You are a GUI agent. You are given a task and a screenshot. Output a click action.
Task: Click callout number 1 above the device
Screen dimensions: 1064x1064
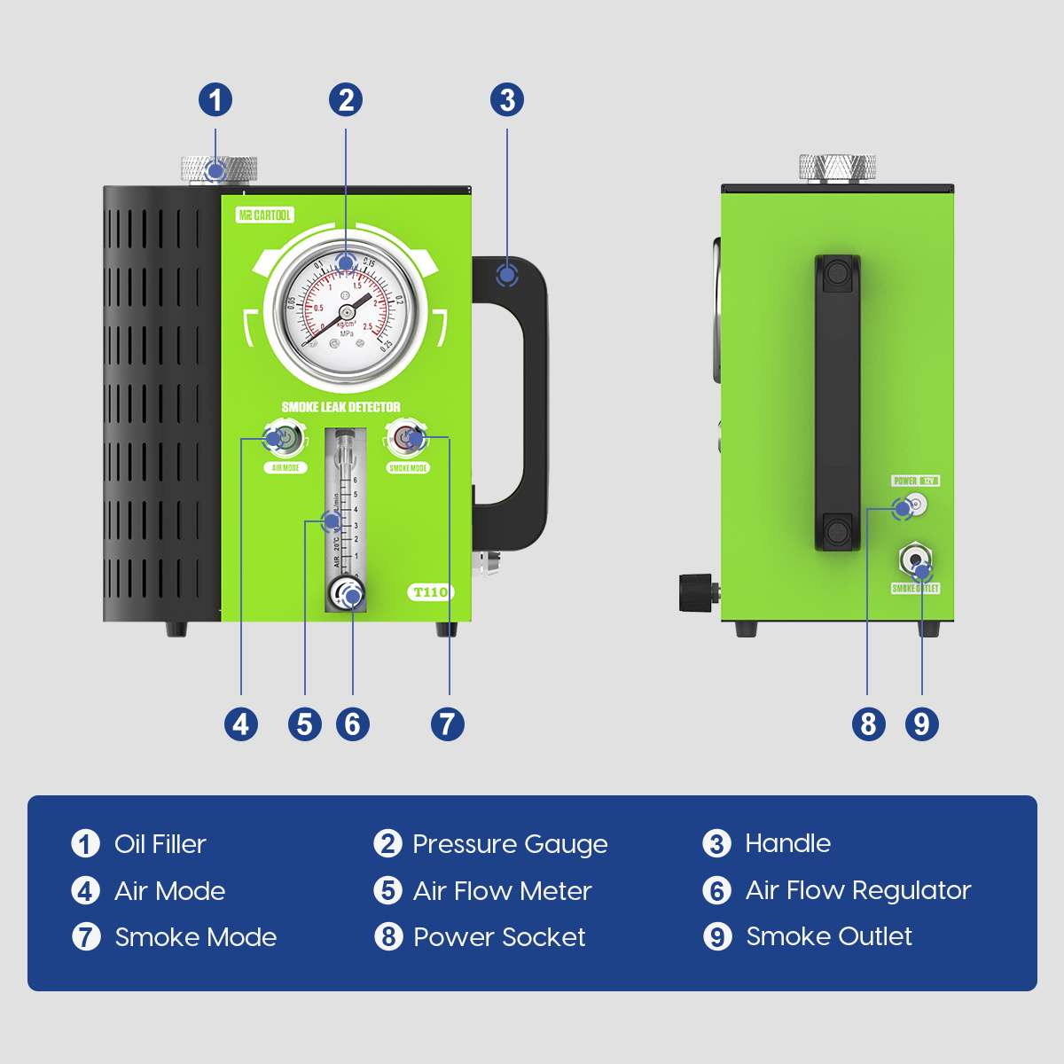(x=215, y=99)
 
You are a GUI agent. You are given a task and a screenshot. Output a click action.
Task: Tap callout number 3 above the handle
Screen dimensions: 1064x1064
(x=507, y=99)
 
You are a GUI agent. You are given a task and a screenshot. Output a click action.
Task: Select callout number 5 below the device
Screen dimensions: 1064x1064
(x=304, y=724)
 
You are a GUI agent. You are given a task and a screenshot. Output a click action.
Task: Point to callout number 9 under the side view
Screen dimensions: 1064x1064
(x=921, y=724)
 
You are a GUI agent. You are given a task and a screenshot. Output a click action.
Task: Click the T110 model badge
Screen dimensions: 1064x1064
(x=430, y=592)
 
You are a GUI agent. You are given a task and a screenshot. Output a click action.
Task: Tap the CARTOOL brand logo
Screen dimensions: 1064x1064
(x=264, y=215)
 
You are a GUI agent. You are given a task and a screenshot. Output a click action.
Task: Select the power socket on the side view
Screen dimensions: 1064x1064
(x=913, y=507)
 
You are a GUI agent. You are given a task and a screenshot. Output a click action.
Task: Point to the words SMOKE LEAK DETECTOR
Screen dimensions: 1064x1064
(x=340, y=407)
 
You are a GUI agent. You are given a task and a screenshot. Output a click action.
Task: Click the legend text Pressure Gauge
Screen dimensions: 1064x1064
(x=510, y=844)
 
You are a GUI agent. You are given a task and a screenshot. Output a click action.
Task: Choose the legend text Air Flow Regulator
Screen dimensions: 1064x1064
(x=858, y=890)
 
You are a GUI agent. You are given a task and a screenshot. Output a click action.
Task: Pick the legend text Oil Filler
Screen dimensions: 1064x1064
(x=160, y=844)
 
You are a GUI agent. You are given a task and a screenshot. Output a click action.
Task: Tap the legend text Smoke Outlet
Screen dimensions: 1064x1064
(x=829, y=936)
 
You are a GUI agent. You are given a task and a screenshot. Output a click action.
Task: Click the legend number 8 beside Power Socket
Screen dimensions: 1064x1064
(x=388, y=936)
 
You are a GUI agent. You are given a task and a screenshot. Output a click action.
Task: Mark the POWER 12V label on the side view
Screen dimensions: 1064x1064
(x=915, y=481)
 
